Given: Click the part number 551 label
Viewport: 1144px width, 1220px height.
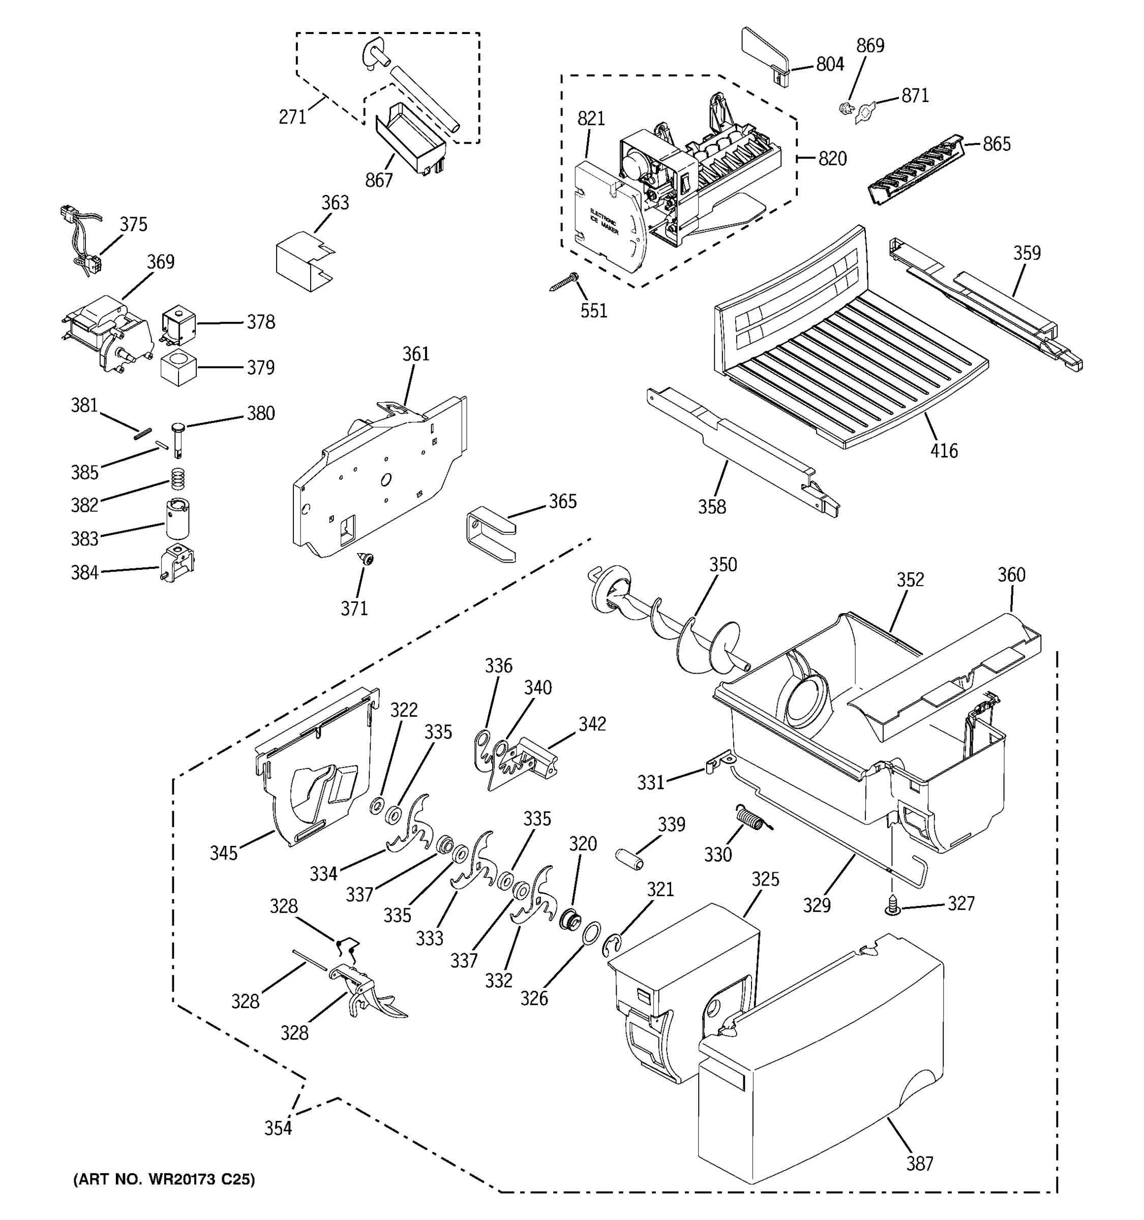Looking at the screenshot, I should [593, 311].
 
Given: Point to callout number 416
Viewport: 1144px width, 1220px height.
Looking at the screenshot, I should [943, 451].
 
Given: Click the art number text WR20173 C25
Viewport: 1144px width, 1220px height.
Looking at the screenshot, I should [163, 1179].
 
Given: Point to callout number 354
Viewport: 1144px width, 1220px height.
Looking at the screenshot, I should [278, 1128].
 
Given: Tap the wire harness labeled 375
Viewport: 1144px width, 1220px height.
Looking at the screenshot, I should [83, 239].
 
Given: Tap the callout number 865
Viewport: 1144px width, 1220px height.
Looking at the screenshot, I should [996, 144].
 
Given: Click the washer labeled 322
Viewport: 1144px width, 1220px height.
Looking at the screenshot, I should [376, 806].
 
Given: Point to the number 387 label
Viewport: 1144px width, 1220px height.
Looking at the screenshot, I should [919, 1164].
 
